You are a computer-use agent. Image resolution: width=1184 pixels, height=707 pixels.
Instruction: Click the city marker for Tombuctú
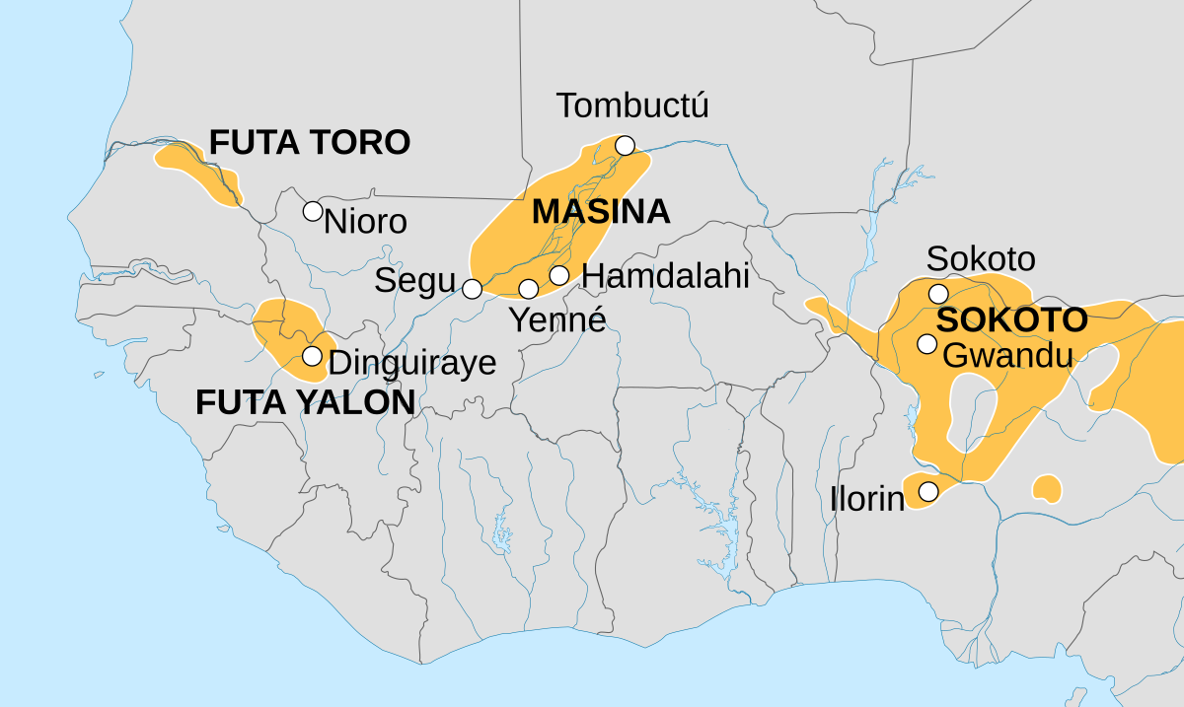625,146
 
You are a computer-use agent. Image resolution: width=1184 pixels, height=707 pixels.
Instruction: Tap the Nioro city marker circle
312,210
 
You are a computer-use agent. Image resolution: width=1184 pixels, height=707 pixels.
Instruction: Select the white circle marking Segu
473,289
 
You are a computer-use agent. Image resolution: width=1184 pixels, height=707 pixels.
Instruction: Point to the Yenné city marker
529,289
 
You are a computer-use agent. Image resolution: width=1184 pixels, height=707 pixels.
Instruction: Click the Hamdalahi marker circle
559,275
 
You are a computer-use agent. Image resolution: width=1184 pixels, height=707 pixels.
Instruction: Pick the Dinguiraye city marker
312,356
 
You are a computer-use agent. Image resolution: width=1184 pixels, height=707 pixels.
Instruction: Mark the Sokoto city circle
938,293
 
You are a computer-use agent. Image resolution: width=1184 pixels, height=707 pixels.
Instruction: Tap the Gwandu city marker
926,344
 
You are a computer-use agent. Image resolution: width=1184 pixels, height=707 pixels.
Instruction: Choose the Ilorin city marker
927,490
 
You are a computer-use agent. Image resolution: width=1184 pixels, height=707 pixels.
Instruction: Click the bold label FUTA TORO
309,143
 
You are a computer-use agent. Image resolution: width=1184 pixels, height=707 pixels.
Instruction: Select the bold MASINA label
601,212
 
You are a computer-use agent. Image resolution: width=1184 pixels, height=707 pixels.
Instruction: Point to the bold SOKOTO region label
1011,320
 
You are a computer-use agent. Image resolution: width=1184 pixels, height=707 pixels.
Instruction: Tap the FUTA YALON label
305,402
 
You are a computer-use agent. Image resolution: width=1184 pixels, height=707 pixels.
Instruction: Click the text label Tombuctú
632,106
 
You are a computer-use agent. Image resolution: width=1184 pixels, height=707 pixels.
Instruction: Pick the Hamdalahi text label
665,276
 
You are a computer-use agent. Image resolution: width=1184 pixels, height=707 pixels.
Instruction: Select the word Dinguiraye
411,363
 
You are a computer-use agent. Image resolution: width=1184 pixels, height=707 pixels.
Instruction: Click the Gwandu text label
1006,355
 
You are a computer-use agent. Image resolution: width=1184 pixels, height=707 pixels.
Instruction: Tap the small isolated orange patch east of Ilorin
1047,488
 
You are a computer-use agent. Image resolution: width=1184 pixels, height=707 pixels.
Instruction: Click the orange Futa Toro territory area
202,174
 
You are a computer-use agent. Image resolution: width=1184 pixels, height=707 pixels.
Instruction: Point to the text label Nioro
365,222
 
